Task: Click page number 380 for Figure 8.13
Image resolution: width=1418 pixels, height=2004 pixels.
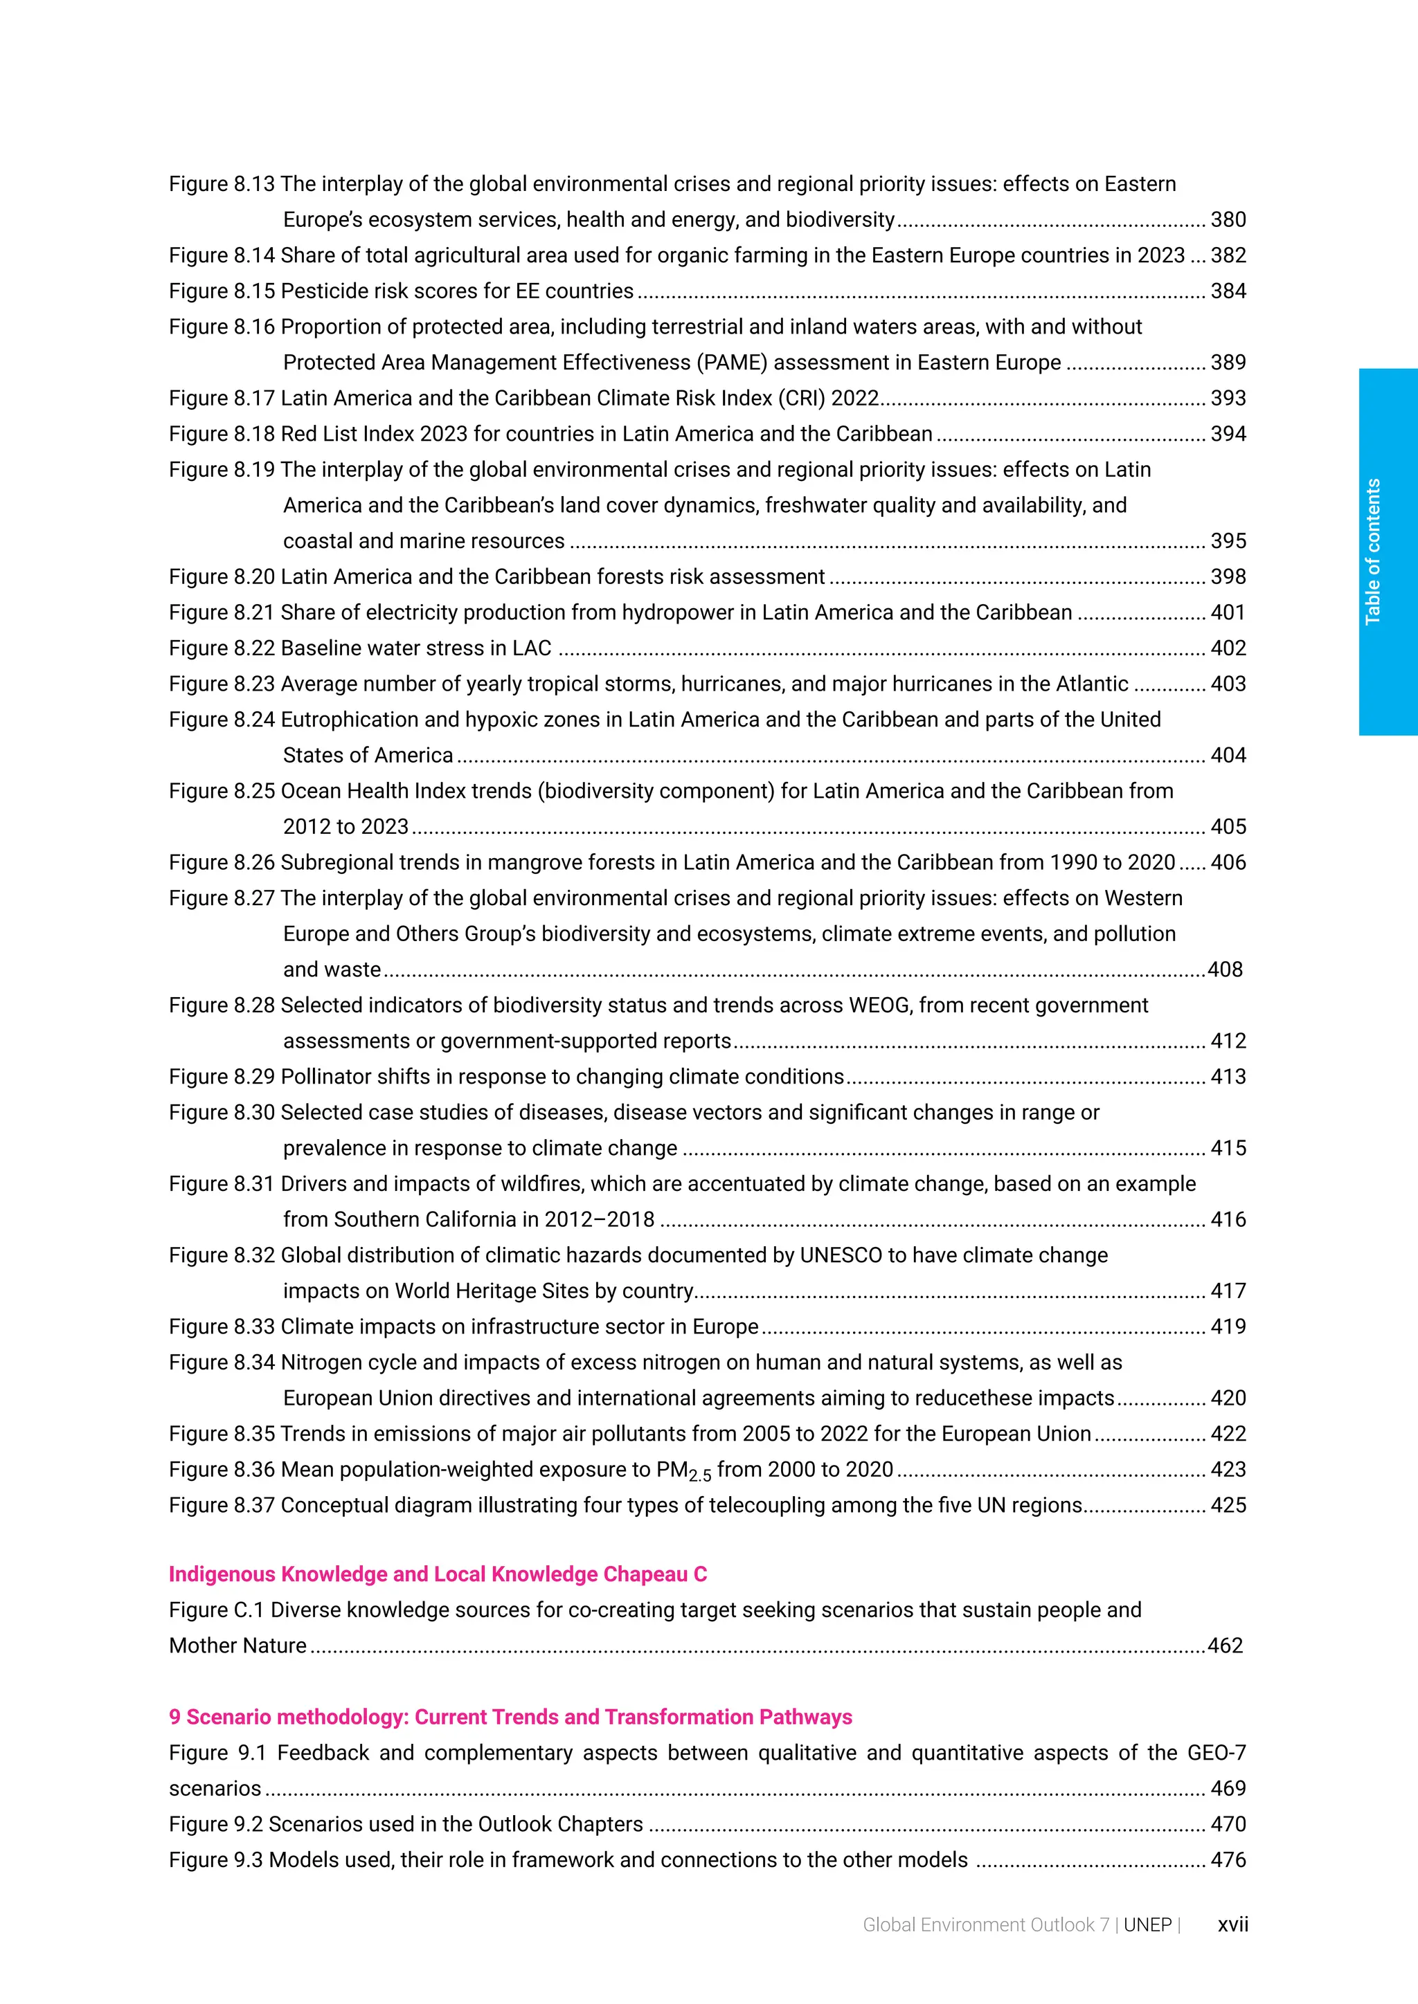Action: pyautogui.click(x=1228, y=220)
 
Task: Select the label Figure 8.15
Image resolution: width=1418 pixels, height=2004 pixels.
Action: pyautogui.click(x=221, y=291)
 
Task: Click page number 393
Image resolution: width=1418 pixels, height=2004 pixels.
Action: pyautogui.click(x=1228, y=399)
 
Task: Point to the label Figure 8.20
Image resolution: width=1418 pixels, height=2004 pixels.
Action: pyautogui.click(x=221, y=577)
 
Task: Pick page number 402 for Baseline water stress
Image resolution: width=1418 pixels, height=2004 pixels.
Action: pyautogui.click(x=1228, y=648)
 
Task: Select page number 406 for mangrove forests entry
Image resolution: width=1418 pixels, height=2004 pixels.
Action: pyautogui.click(x=1228, y=863)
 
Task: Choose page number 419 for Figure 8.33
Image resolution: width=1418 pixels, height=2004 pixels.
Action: pyautogui.click(x=1228, y=1327)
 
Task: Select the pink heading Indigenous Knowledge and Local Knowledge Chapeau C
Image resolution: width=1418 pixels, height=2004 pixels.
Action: pyautogui.click(x=438, y=1574)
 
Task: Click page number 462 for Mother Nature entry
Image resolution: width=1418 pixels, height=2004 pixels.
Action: pyautogui.click(x=1225, y=1646)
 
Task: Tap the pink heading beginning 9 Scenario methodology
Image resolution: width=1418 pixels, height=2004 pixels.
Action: pyautogui.click(x=510, y=1718)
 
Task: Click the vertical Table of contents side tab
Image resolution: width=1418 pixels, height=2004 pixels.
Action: pyautogui.click(x=1387, y=552)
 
